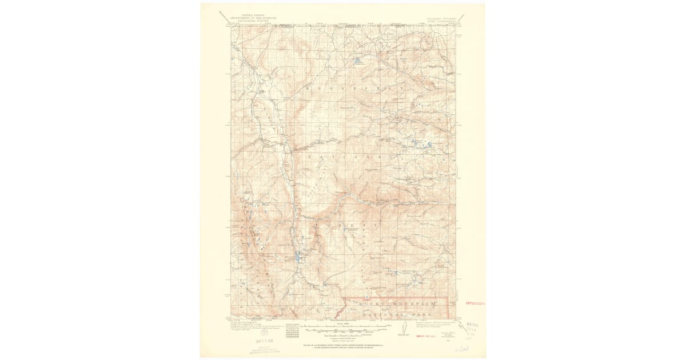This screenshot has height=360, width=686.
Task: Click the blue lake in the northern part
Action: coord(357,60)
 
